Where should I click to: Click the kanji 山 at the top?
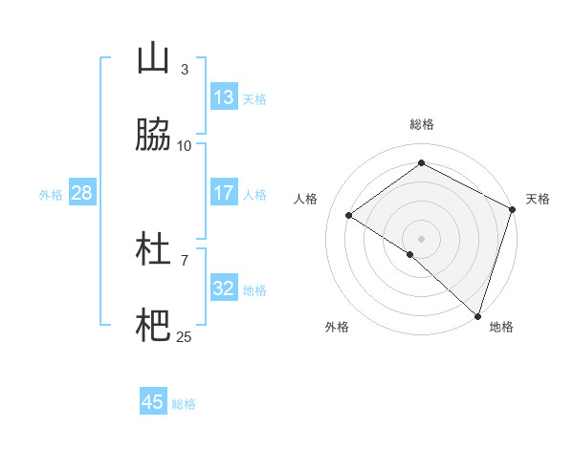[153, 59]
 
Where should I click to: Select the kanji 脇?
[153, 136]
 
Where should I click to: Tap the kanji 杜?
[153, 250]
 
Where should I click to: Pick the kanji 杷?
[153, 327]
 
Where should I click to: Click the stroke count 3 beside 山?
[185, 69]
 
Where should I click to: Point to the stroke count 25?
[185, 336]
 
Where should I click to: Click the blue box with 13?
[224, 97]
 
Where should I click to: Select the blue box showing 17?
[224, 193]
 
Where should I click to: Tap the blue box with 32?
[224, 289]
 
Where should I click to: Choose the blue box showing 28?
[81, 194]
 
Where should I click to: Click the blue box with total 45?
[153, 402]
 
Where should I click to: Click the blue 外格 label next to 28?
[51, 195]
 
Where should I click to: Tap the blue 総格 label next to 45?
[184, 404]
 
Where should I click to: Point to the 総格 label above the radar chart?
[422, 124]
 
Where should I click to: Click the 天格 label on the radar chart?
[538, 199]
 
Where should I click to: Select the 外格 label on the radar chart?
[337, 327]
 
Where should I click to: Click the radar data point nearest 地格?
[478, 315]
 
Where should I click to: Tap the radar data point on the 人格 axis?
[349, 216]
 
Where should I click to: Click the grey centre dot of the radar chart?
[422, 238]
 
